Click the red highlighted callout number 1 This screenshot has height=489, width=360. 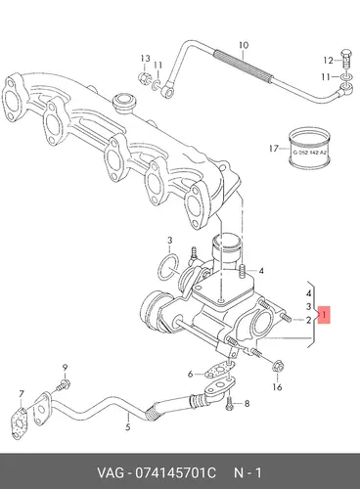(x=324, y=315)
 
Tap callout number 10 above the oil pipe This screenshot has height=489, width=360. (x=244, y=45)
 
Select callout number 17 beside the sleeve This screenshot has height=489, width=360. (x=273, y=149)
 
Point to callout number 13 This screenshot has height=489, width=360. (x=145, y=59)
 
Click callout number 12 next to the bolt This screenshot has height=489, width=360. (x=328, y=61)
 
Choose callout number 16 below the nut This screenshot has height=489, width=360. (x=277, y=387)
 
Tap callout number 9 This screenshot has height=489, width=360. (x=65, y=368)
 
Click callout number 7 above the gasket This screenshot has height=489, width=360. (x=22, y=394)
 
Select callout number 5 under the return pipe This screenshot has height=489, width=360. (x=127, y=426)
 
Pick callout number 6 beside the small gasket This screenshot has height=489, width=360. (x=190, y=374)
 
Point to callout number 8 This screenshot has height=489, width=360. (x=247, y=404)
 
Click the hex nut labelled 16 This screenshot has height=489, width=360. (x=278, y=366)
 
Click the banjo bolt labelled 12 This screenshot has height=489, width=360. (x=346, y=59)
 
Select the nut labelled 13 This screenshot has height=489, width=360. (x=144, y=78)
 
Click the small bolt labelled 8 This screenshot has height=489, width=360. (x=230, y=404)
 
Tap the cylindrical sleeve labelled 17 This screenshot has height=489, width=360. (x=309, y=148)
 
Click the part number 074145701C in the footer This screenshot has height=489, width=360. (x=176, y=473)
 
